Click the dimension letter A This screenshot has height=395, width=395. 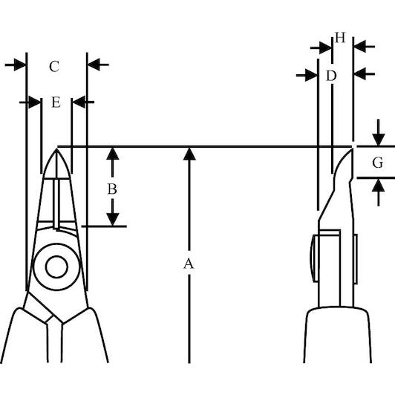pos(189,264)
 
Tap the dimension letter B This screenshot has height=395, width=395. pos(112,189)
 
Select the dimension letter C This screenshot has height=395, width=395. pos(54,67)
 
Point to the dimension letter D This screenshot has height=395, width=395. pos(331,76)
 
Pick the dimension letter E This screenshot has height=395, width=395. pos(56,102)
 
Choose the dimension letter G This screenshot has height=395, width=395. pos(378,163)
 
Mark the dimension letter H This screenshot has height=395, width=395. pos(340,38)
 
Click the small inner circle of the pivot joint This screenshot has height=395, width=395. pos(56,267)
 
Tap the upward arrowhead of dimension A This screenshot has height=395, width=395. pos(189,154)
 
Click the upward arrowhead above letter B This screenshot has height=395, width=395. pos(113,154)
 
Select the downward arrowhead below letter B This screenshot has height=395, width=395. pos(113,220)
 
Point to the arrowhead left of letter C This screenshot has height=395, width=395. pos(20,65)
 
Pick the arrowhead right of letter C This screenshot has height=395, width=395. pos(94,65)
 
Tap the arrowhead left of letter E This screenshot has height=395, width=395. pos(35,102)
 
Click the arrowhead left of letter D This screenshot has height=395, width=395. pos(311,75)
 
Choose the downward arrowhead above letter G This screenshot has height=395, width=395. pos(379,140)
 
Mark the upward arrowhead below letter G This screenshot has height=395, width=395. pos(379,185)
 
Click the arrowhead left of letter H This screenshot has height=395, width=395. pos(325,48)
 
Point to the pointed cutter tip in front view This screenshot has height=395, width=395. pos(56,149)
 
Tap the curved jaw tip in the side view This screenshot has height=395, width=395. pos(352,149)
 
